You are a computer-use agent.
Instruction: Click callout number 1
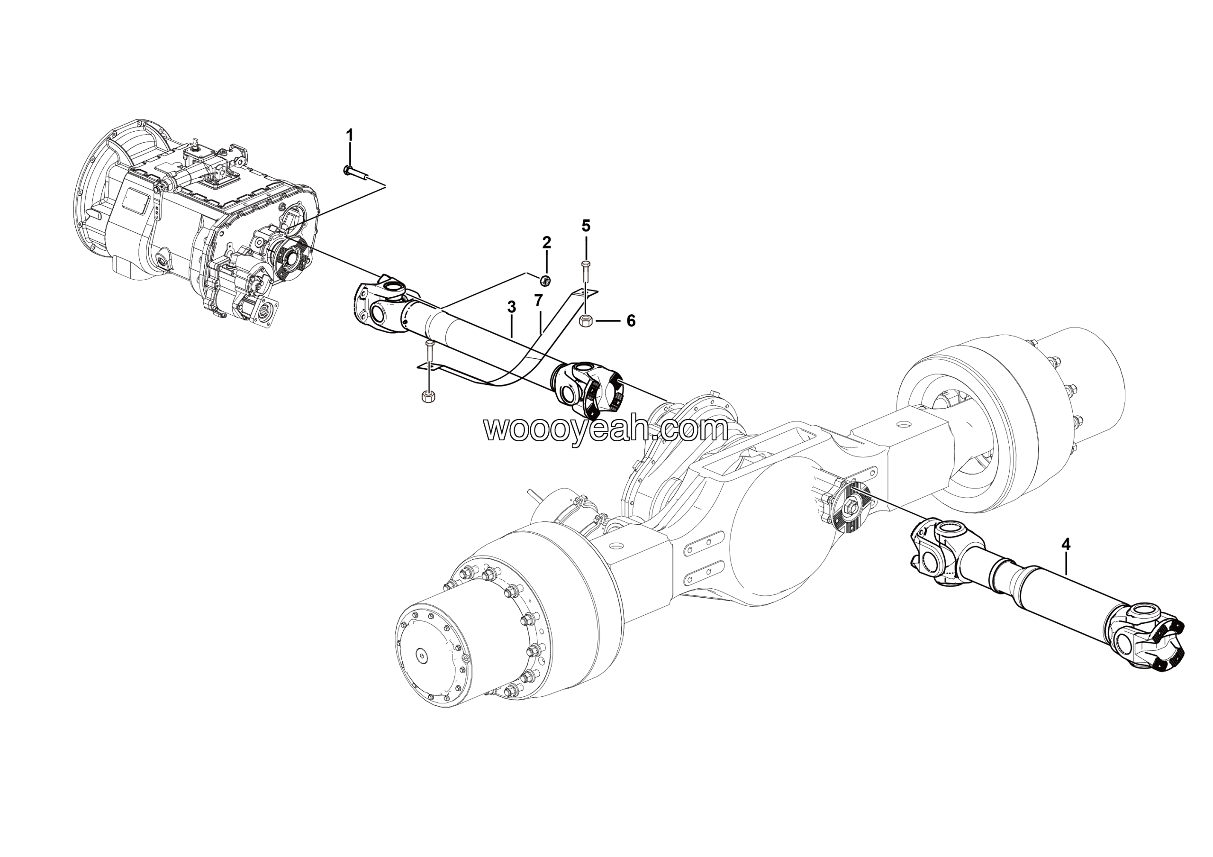[x=349, y=135]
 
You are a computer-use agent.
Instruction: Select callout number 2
[x=546, y=243]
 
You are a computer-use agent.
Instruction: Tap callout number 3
[x=511, y=307]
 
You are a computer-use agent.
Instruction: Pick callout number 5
[x=586, y=226]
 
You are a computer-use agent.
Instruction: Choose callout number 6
[x=631, y=321]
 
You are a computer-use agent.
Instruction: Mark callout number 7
[x=538, y=301]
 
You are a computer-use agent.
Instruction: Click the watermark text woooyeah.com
[x=606, y=430]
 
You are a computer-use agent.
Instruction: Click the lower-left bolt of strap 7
[x=428, y=354]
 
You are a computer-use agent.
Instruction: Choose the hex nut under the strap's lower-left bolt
[x=428, y=396]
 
